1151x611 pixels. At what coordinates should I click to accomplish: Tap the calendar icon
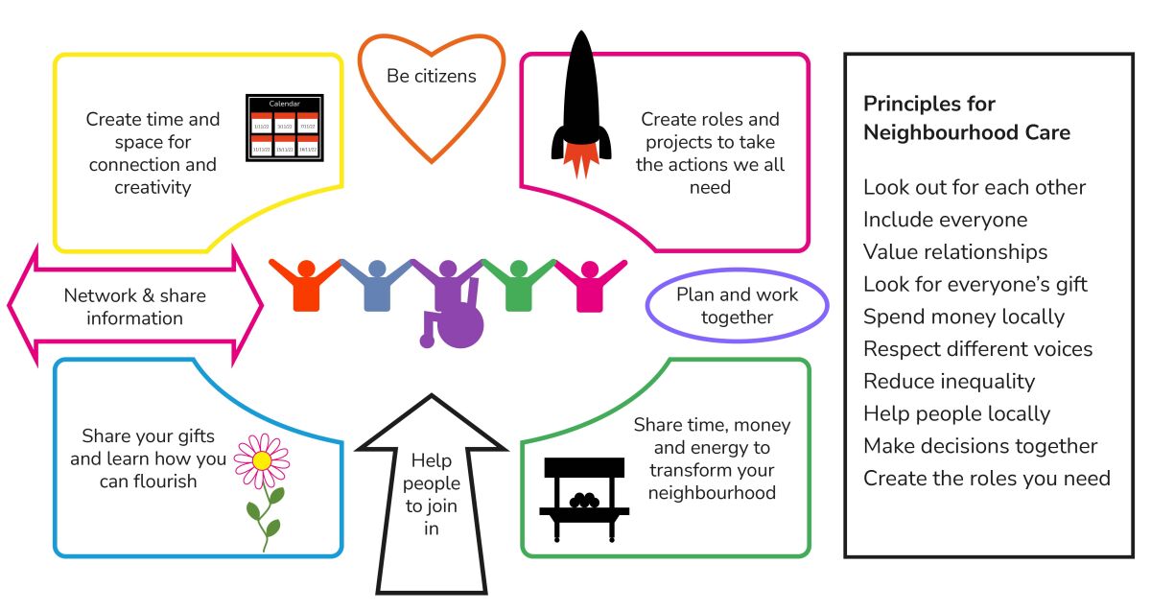[x=284, y=128]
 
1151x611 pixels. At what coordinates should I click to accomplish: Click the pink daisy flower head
[x=262, y=459]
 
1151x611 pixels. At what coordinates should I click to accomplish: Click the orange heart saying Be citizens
[x=431, y=91]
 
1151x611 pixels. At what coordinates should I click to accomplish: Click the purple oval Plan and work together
[x=737, y=306]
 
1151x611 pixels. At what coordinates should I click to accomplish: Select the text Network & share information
[x=134, y=307]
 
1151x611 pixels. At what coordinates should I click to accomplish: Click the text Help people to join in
[x=431, y=494]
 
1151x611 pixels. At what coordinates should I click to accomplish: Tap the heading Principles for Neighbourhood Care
[x=966, y=118]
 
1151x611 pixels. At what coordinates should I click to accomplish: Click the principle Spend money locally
[x=964, y=317]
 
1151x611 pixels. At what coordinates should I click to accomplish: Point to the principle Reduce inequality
[x=949, y=381]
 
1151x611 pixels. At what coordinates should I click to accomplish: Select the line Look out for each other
[x=975, y=187]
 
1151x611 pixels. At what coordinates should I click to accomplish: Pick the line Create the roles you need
[x=987, y=478]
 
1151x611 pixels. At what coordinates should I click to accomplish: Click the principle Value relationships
[x=955, y=252]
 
